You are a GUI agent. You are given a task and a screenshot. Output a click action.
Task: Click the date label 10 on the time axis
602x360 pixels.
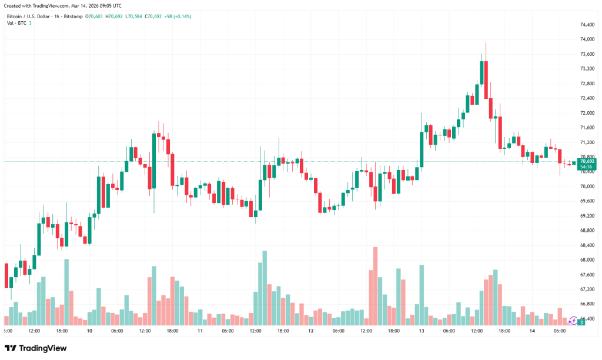[89, 331]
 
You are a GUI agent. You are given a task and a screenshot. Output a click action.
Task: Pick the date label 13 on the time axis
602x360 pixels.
[422, 331]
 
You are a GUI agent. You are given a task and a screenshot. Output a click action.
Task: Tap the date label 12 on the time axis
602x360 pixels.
[310, 331]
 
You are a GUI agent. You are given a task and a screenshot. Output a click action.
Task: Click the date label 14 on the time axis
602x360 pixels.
[532, 331]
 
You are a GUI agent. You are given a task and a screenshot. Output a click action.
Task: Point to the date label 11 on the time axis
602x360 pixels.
[200, 331]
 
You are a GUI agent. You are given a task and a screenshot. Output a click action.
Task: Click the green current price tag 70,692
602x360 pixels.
[587, 161]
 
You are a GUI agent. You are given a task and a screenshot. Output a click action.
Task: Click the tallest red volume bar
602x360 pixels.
[375, 286]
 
